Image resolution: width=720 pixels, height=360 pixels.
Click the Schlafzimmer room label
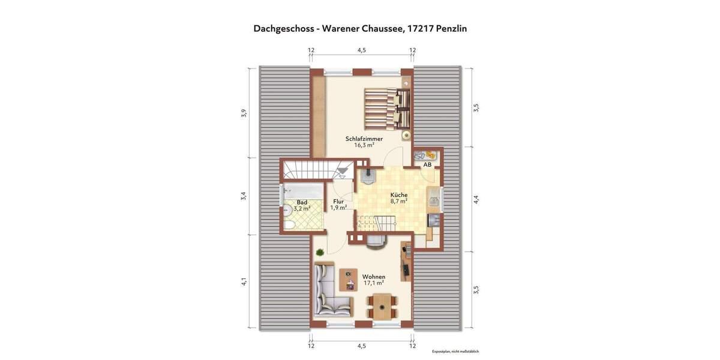point(364,139)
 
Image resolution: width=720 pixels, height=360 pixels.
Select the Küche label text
point(399,195)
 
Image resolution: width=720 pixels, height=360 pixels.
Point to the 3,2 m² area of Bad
point(302,209)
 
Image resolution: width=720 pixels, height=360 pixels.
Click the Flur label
point(338,202)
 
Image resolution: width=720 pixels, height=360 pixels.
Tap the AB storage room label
point(427,164)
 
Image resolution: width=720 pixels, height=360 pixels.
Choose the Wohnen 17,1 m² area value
point(373,283)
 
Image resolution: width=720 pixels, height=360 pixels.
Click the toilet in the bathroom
point(289,225)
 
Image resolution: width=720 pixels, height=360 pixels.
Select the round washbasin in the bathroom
point(288,209)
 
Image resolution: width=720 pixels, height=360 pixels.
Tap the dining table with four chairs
point(380,307)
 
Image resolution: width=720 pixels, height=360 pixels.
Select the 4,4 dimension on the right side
point(476,200)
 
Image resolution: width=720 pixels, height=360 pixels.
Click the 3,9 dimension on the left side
point(244,113)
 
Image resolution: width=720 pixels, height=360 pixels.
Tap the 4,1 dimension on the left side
point(244,281)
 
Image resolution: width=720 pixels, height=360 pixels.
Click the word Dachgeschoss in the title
point(285,28)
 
